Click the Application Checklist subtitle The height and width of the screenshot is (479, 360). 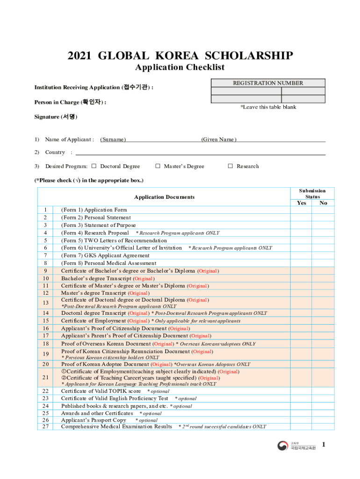pos(180,67)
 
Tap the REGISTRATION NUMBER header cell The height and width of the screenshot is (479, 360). pos(268,83)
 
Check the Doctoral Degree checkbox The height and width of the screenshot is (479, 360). pos(94,166)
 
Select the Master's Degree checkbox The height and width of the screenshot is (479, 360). pos(158,166)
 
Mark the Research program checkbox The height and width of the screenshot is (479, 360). pos(230,166)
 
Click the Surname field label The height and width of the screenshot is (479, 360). pos(113,139)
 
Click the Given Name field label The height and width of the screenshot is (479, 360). pos(218,139)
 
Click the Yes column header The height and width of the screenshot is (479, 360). pos(302,203)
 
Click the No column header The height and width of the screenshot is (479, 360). pos(323,203)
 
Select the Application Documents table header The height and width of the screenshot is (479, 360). pos(164,197)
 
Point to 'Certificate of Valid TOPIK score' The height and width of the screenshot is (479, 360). pos(101,391)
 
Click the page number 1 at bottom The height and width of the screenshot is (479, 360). pos(323,445)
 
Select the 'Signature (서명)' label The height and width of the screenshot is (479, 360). pos(56,116)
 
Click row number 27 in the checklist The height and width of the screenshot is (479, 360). pos(45,426)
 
